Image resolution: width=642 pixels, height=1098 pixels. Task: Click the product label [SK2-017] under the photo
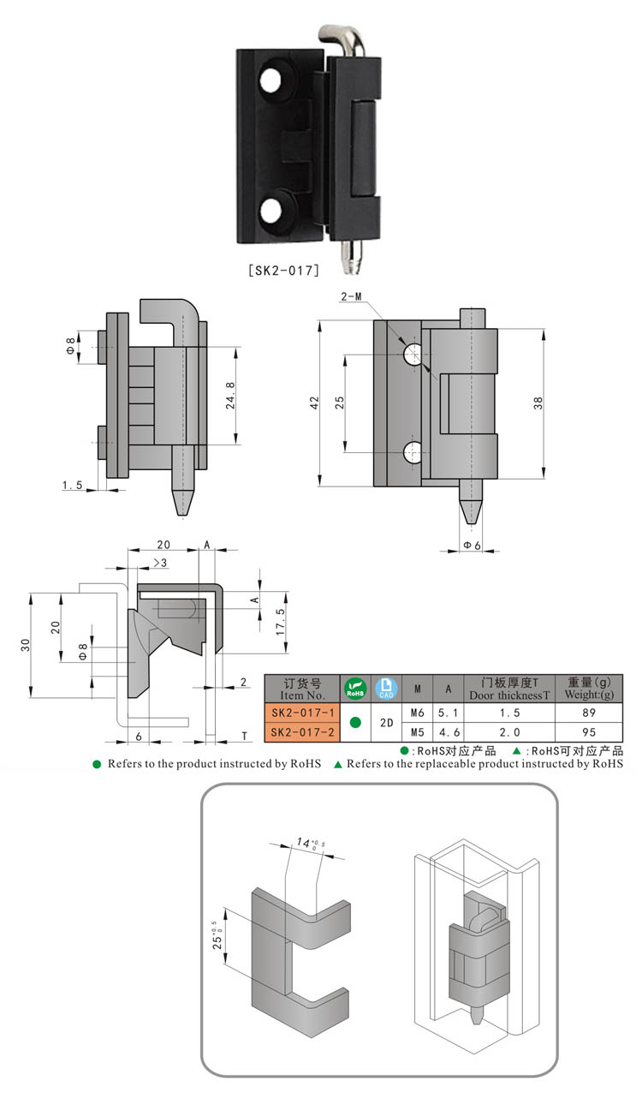pyautogui.click(x=283, y=271)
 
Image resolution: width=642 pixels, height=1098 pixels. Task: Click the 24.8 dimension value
pyautogui.click(x=229, y=397)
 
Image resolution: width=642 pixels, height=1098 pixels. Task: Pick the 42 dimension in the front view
pyautogui.click(x=314, y=401)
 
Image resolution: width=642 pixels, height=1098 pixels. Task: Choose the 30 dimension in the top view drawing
pyautogui.click(x=25, y=644)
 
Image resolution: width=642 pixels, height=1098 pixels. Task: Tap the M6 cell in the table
pyautogui.click(x=417, y=713)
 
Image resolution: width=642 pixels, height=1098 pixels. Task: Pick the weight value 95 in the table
pyautogui.click(x=589, y=732)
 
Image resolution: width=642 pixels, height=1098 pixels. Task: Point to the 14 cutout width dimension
pyautogui.click(x=302, y=844)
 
